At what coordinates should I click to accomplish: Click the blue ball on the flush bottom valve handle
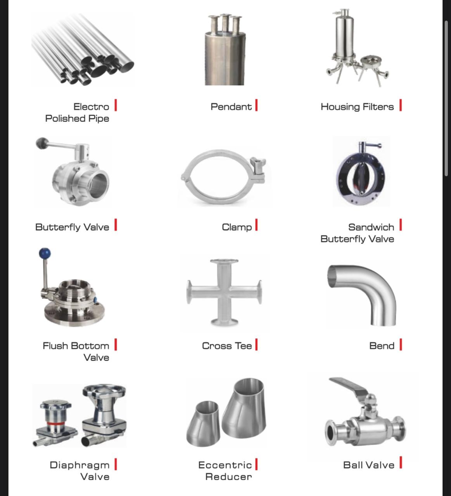[x=45, y=254]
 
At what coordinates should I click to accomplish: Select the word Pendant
[x=231, y=107]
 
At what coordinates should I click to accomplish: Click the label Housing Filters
[x=357, y=107]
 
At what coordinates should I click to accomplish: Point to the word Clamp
[x=237, y=227]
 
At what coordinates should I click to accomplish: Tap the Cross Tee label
[x=227, y=346]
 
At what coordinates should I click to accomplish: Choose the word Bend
[x=382, y=346]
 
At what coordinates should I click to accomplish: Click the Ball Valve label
[x=368, y=465]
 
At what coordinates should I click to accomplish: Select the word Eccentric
[x=225, y=465]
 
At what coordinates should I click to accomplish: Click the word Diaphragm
[x=79, y=465]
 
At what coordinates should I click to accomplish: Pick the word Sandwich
[x=371, y=227]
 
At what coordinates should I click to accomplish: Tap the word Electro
[x=91, y=107]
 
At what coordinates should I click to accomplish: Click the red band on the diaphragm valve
[x=56, y=424]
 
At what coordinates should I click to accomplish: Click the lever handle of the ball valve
[x=349, y=386]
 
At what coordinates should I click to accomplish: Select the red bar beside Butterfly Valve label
[x=116, y=225]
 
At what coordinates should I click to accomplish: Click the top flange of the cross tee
[x=224, y=261]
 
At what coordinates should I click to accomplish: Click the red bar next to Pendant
[x=256, y=105]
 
